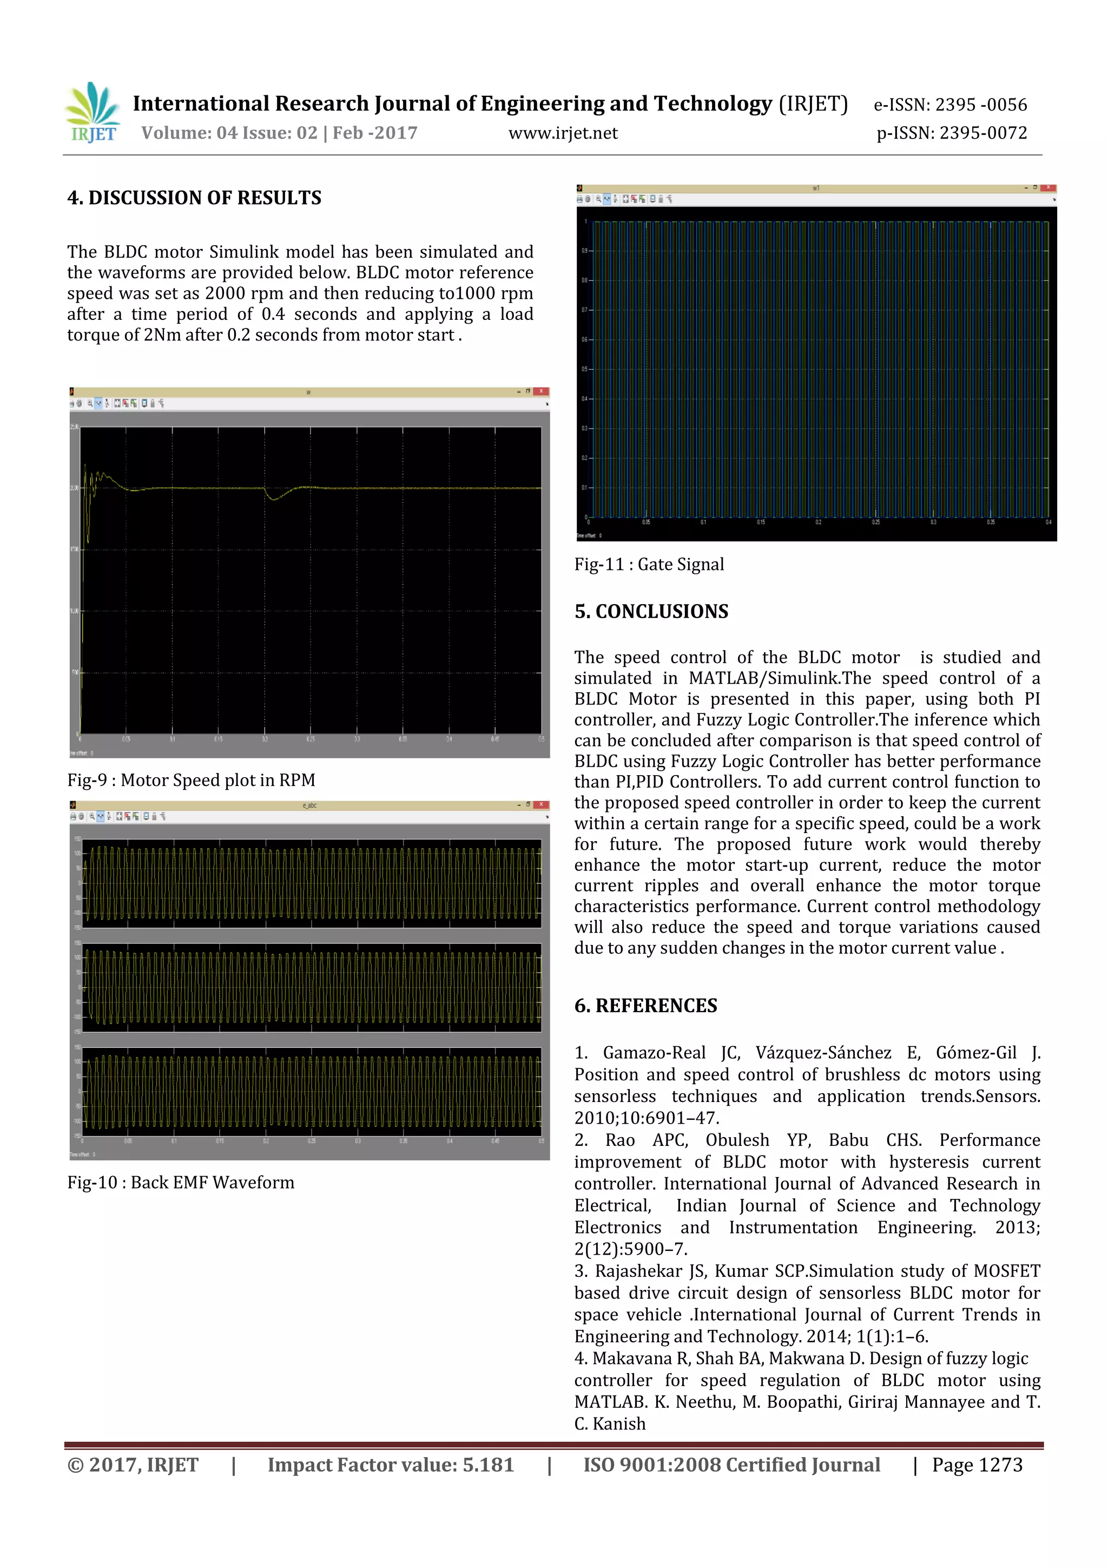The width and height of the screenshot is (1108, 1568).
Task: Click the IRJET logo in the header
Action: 94,113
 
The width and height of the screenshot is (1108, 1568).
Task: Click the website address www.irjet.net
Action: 563,133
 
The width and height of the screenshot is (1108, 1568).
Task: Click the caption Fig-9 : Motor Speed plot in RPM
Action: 191,780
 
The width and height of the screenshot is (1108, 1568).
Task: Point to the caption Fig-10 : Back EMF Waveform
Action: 180,1182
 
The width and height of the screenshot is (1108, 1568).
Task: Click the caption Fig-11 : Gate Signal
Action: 649,564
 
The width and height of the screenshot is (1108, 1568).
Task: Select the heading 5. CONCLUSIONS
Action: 651,611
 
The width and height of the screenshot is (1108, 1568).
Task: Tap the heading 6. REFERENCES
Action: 646,1005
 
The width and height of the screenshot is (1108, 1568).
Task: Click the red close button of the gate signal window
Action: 1048,188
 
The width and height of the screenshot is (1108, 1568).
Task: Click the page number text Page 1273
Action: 977,1465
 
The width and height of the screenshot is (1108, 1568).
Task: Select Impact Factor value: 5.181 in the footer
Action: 391,1465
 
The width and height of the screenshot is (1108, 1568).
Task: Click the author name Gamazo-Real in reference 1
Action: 654,1052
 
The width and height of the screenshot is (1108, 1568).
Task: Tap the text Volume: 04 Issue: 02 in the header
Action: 229,133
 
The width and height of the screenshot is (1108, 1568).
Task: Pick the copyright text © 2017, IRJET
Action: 133,1465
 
